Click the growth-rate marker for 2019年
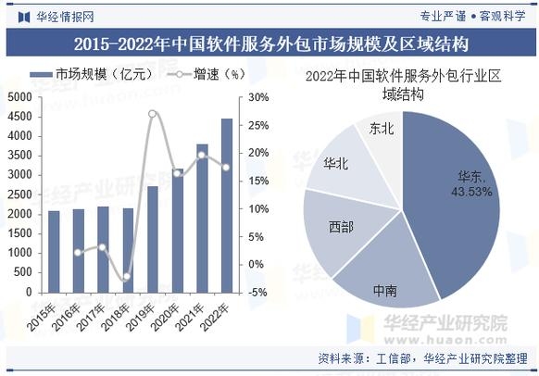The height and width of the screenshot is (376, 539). (153, 114)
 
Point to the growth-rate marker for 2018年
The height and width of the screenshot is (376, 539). (128, 277)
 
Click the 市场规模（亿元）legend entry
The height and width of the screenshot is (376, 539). (88, 73)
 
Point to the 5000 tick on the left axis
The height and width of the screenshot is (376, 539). (19, 97)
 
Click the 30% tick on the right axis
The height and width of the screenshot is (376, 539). (258, 97)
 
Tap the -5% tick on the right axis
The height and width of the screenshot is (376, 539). (258, 292)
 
